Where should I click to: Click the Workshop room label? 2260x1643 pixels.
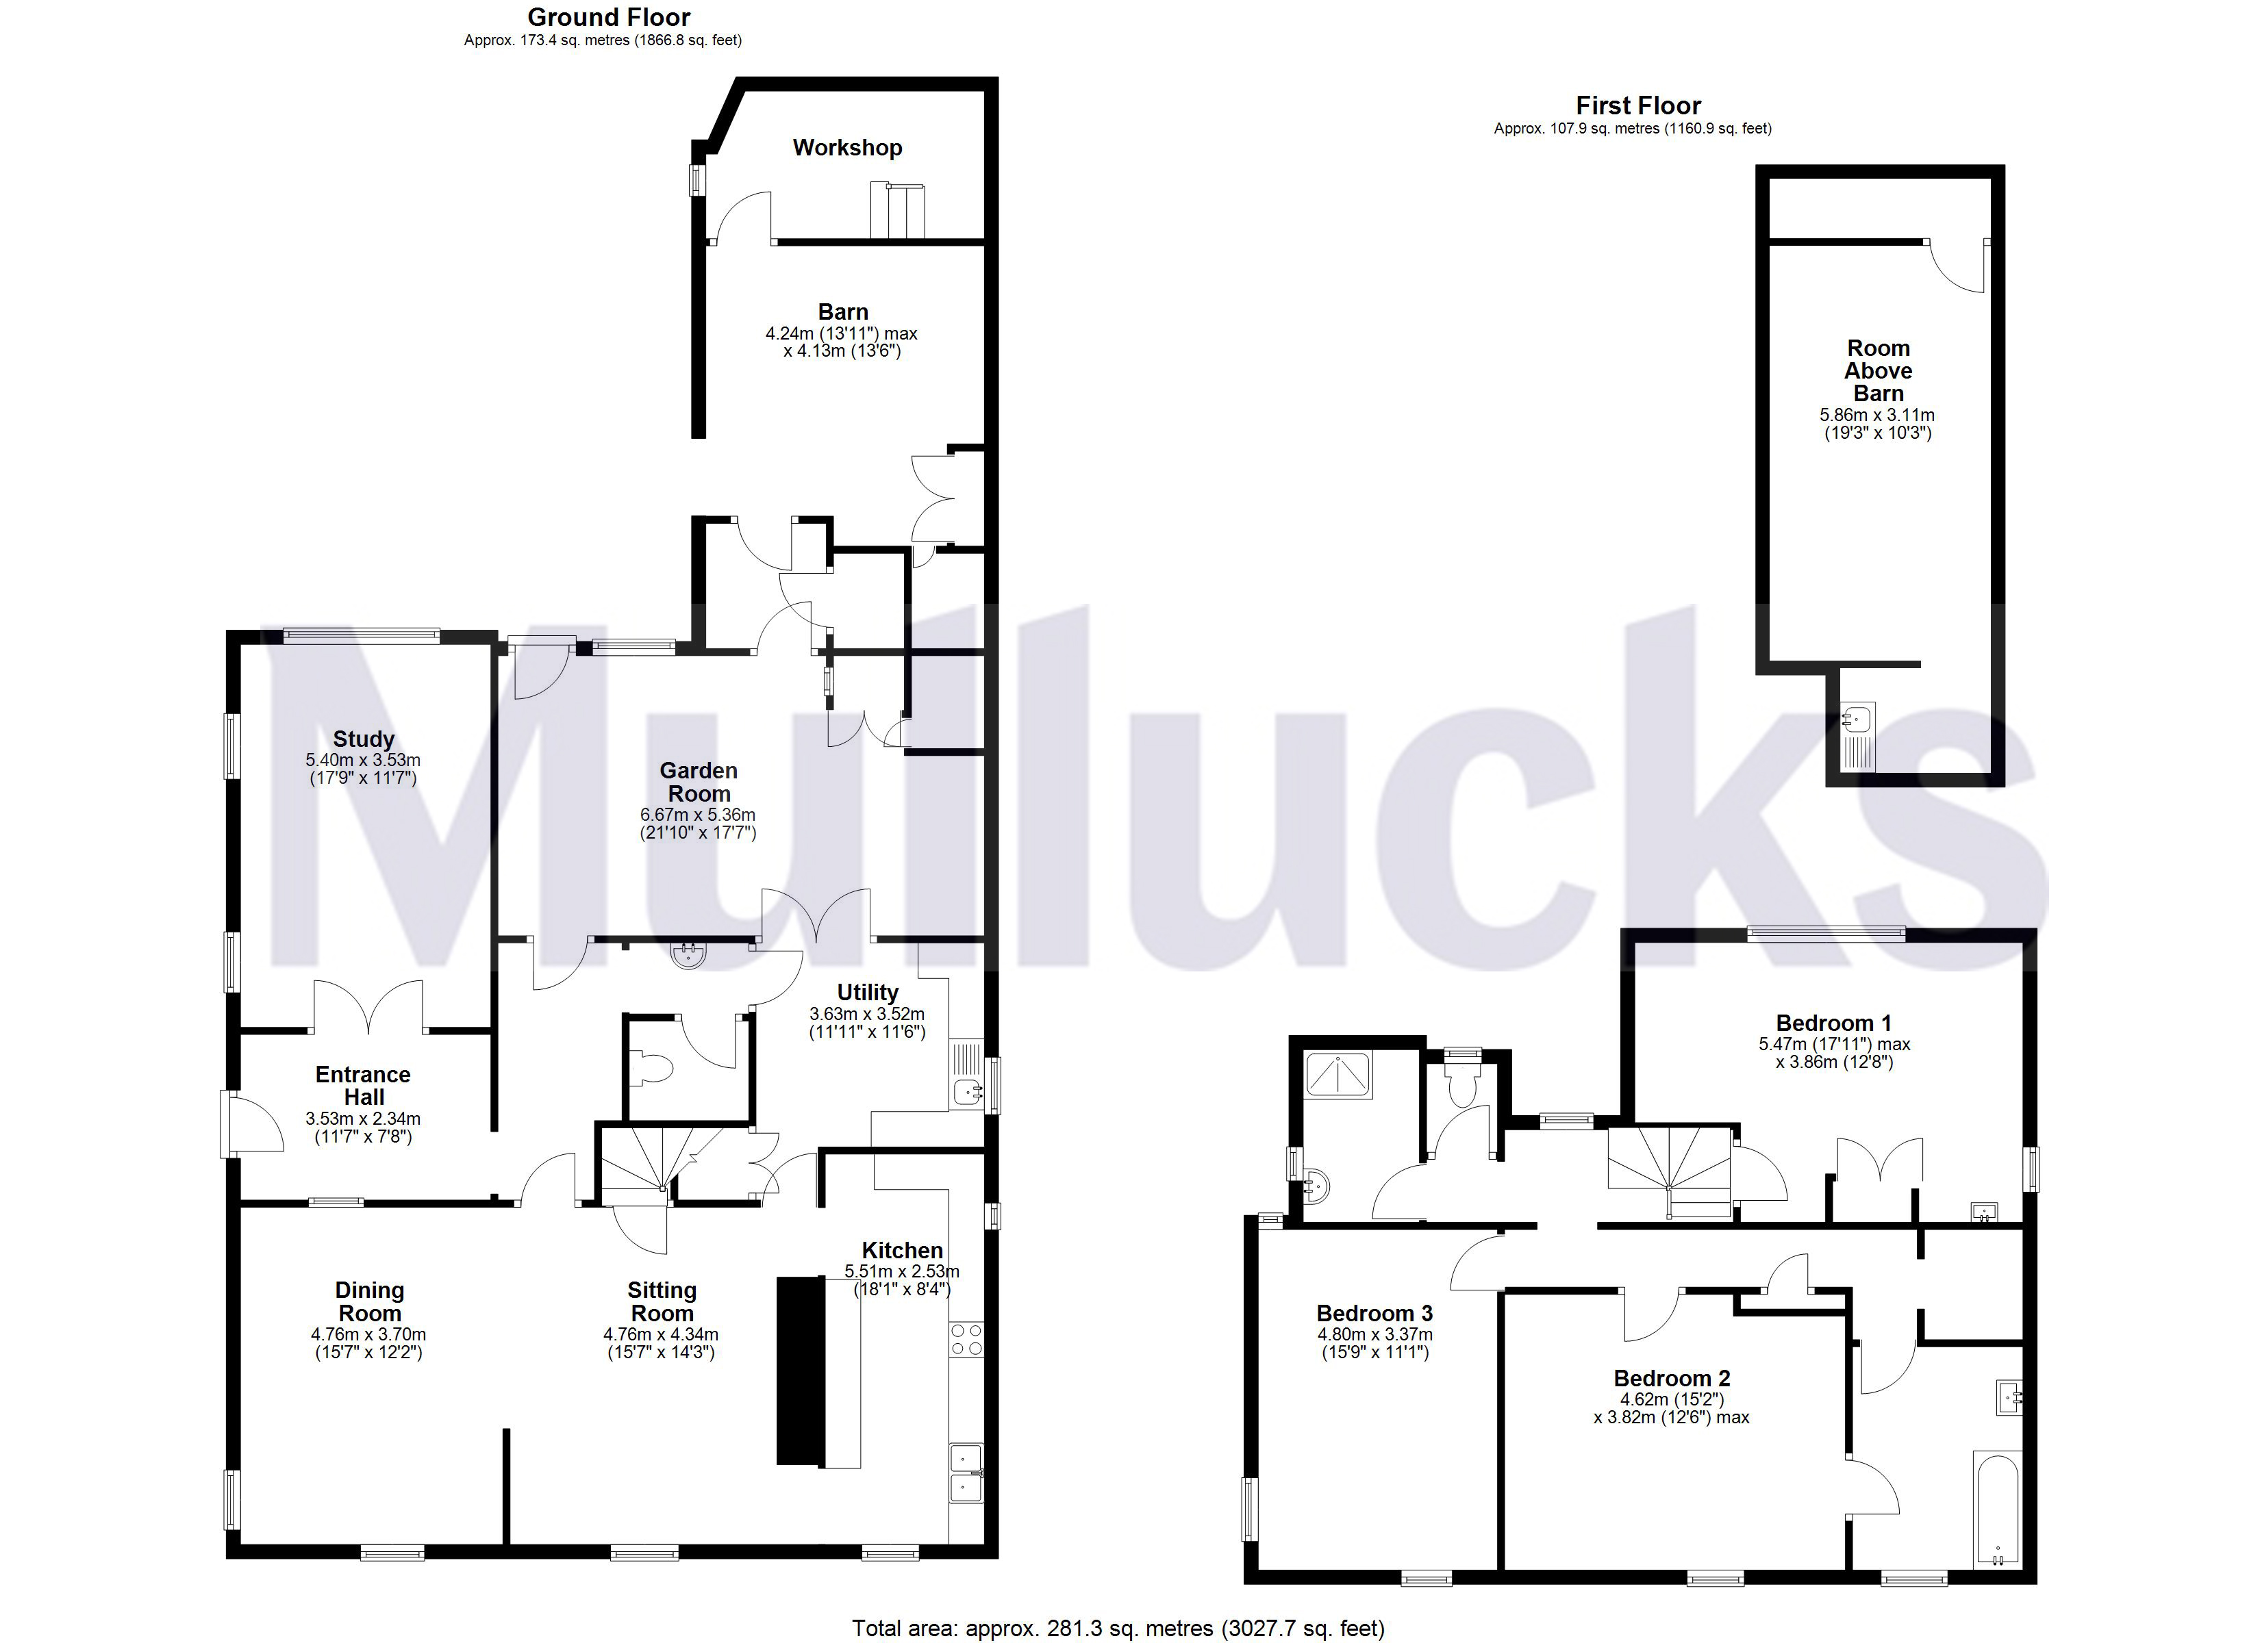click(x=847, y=147)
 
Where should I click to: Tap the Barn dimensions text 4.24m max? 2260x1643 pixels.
click(x=841, y=334)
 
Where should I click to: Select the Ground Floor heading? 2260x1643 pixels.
click(x=609, y=17)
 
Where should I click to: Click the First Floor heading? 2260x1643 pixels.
click(x=1638, y=105)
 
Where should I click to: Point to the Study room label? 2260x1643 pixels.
click(x=363, y=738)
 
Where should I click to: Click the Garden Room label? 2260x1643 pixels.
click(x=699, y=782)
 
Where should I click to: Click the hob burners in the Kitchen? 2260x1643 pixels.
click(x=966, y=1339)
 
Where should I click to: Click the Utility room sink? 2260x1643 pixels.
click(x=966, y=1092)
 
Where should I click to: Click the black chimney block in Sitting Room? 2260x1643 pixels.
click(x=799, y=1370)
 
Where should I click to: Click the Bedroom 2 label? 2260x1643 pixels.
click(x=1671, y=1378)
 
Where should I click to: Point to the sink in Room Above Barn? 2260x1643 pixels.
click(x=1857, y=717)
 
